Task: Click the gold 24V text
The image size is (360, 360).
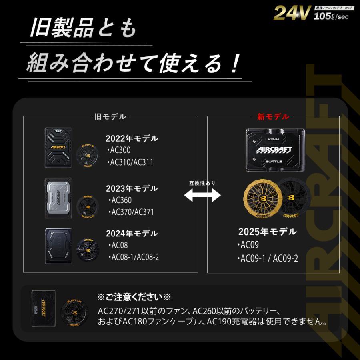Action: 291,14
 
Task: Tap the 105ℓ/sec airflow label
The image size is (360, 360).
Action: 331,16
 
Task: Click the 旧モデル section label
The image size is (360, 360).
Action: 110,117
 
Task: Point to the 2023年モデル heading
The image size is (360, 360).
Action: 132,188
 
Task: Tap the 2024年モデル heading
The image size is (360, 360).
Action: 132,234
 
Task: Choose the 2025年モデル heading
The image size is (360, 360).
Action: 267,232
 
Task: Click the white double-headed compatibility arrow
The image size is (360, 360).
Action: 202,195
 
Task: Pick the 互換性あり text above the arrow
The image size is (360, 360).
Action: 202,183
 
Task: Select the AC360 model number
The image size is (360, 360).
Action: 120,200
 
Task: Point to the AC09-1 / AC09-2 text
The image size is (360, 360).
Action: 269,258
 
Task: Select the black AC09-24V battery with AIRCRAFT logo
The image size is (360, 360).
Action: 275,150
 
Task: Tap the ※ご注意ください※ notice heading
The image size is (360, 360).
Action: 134,297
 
